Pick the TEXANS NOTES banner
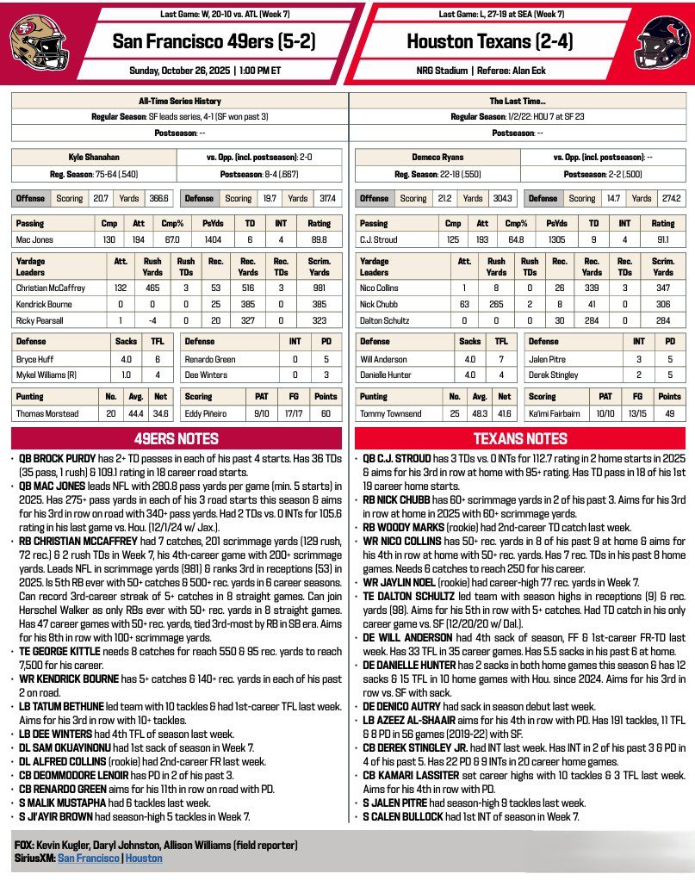pos(520,437)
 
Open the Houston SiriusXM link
pos(144,858)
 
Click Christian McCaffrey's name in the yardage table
pos(53,288)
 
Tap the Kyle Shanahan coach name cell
pos(93,158)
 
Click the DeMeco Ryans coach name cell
pos(440,158)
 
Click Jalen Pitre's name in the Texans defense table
pos(546,357)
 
